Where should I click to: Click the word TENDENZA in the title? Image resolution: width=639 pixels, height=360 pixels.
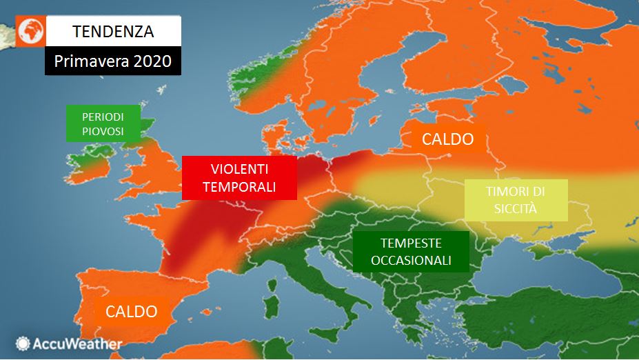click(x=113, y=31)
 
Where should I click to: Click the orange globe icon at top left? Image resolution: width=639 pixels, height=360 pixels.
click(x=30, y=31)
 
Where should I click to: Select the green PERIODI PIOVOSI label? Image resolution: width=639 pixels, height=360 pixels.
click(x=103, y=123)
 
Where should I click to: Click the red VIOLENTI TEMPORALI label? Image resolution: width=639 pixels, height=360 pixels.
click(x=239, y=177)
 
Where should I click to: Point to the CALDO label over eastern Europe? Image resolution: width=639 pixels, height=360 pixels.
click(x=447, y=139)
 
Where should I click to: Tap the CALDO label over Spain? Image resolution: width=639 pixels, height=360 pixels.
click(x=131, y=311)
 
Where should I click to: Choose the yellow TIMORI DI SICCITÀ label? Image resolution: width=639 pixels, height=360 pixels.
click(x=516, y=200)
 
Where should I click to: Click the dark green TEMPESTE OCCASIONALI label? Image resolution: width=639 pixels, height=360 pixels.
click(x=411, y=251)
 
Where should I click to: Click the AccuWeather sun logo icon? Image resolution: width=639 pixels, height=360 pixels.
click(x=23, y=343)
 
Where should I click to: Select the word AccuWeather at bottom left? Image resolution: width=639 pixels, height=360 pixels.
click(x=77, y=343)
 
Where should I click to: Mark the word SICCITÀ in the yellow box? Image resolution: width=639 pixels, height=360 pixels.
click(x=516, y=208)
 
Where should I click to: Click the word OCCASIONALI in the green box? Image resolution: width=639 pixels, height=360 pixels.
click(x=411, y=260)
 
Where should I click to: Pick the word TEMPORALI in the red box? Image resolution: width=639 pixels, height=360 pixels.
click(x=239, y=186)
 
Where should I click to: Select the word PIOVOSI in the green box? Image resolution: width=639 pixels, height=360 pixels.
click(x=103, y=130)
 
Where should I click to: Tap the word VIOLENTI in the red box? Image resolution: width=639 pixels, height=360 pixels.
click(x=239, y=168)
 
